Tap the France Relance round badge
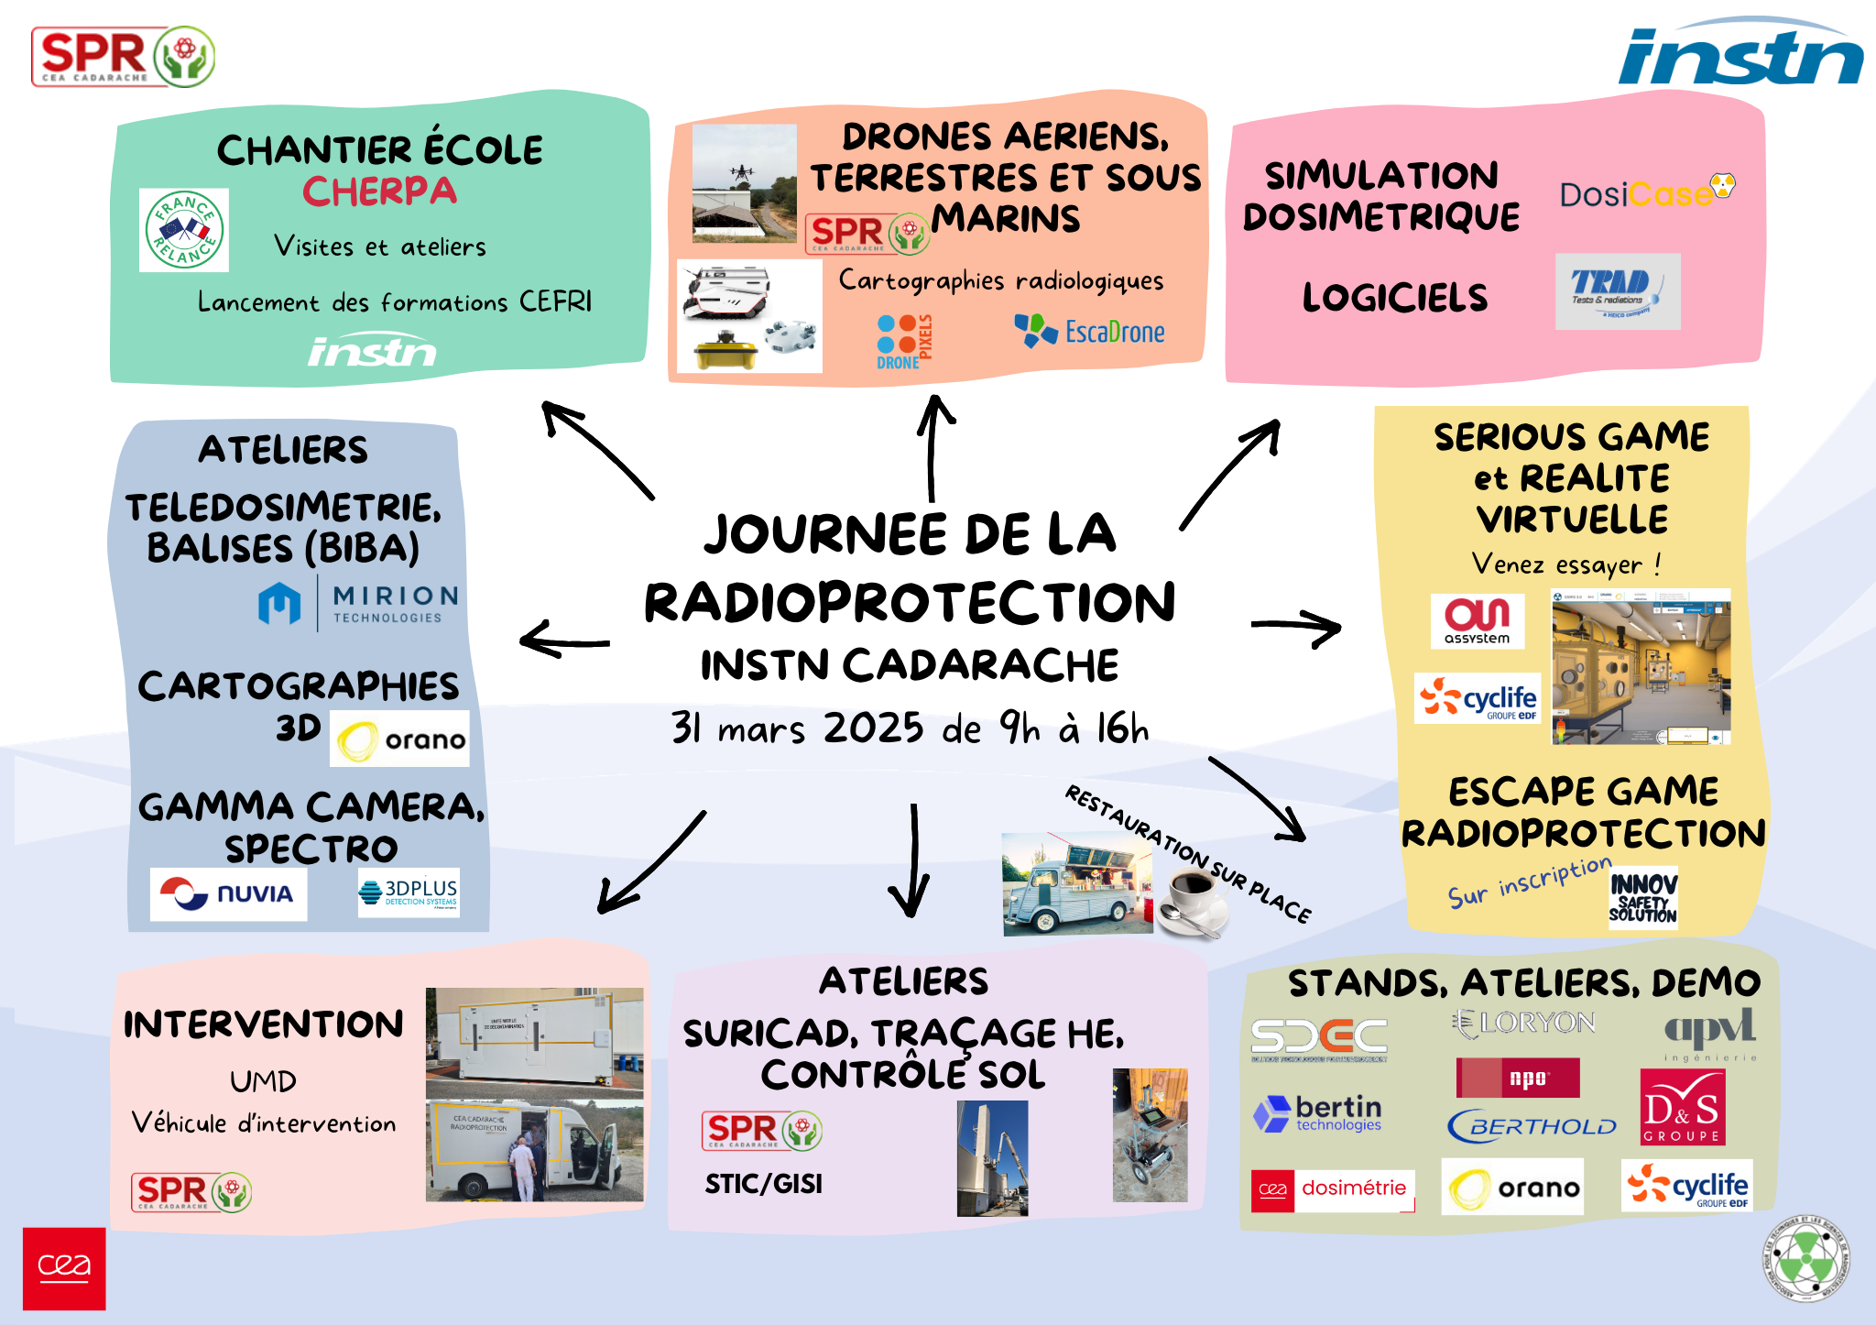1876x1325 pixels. click(184, 230)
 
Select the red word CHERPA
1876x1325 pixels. click(379, 192)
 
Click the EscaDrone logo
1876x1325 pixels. click(1089, 331)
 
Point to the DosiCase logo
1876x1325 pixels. click(1645, 192)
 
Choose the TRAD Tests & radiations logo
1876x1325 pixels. click(1617, 291)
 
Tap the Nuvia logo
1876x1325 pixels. click(228, 893)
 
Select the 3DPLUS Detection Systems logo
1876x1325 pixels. click(409, 892)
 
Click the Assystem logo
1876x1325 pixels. click(1477, 620)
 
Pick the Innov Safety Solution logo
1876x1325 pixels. click(1643, 898)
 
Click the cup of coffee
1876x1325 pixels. click(1192, 902)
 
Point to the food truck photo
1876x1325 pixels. click(1076, 884)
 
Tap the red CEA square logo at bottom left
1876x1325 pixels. click(64, 1268)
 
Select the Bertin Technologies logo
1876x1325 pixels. click(1318, 1113)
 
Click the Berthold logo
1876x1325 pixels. click(1532, 1125)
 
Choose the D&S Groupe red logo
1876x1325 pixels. click(1682, 1107)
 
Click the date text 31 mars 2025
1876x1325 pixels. click(798, 728)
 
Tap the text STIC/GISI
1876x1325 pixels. click(763, 1184)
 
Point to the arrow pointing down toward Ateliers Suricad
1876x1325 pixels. click(912, 861)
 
